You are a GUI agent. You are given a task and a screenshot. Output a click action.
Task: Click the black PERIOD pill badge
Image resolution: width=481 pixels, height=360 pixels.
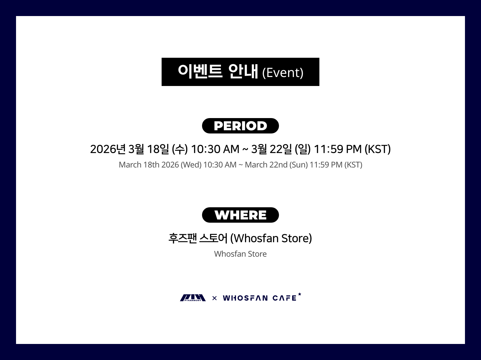[x=240, y=126]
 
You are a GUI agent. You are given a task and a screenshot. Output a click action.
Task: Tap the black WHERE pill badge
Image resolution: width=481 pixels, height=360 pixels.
[x=240, y=215]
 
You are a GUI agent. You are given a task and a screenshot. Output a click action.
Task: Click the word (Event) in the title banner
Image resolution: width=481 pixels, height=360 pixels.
[x=283, y=73]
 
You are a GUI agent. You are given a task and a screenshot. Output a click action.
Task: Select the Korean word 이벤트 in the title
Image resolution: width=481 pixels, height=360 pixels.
[x=200, y=71]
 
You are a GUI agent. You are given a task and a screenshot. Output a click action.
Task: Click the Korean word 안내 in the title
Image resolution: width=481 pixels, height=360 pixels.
[x=243, y=71]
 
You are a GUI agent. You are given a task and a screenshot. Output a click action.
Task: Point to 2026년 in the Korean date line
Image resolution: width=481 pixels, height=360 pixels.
[x=107, y=149]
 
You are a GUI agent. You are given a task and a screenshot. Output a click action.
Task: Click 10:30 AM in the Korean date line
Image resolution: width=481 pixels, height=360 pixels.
[x=215, y=149]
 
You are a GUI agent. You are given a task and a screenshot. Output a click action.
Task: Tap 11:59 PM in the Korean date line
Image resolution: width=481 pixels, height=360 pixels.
[x=338, y=149]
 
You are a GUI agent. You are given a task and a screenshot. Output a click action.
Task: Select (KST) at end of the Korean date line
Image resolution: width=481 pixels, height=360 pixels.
[x=377, y=149]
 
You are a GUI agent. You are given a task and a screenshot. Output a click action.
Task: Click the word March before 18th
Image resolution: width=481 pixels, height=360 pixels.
[x=130, y=165]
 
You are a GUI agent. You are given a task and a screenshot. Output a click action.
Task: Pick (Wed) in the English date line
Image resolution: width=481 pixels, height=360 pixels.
[x=191, y=165]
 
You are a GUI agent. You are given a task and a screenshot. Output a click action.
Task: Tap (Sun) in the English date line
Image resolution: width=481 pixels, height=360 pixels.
[x=299, y=165]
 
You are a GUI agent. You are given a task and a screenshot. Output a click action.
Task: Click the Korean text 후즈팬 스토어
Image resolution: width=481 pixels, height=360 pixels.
[x=198, y=238]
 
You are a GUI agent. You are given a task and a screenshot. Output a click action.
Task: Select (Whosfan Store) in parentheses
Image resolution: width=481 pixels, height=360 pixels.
[x=271, y=238]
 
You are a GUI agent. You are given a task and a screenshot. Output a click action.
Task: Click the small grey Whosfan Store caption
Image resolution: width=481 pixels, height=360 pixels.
[x=240, y=254]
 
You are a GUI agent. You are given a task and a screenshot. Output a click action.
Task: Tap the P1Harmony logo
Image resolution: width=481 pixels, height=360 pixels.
[x=193, y=298]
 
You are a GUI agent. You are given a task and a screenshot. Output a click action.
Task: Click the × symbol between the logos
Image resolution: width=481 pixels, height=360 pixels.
[x=215, y=298]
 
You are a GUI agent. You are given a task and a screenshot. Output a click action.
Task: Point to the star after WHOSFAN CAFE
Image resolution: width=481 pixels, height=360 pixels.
[x=300, y=294]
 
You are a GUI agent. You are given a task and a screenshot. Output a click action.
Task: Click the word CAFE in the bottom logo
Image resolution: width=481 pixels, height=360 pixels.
[x=284, y=298]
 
